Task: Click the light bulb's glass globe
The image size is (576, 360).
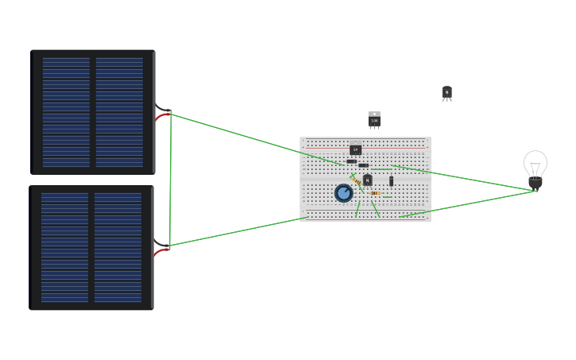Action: click(x=535, y=162)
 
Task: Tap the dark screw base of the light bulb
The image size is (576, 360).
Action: click(x=535, y=184)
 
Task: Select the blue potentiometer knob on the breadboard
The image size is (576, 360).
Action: click(x=343, y=193)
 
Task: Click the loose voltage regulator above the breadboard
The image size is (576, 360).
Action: click(x=374, y=120)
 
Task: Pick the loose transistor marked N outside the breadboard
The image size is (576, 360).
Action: click(x=446, y=93)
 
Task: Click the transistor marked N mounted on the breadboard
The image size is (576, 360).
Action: click(x=367, y=180)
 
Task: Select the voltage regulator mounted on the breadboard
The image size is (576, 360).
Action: click(x=355, y=148)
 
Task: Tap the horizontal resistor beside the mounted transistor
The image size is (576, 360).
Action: click(x=375, y=193)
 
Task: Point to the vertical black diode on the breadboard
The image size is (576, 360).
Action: click(x=391, y=181)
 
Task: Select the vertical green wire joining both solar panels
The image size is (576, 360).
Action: click(x=170, y=179)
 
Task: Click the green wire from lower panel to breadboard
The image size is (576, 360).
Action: click(x=238, y=231)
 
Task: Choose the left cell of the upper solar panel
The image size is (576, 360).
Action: click(x=66, y=112)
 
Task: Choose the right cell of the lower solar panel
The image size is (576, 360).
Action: click(x=118, y=247)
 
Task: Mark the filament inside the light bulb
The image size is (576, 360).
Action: click(x=535, y=168)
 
